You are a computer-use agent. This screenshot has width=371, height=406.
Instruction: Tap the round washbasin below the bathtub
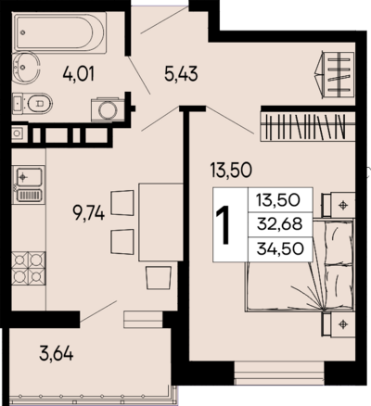coord(26,68)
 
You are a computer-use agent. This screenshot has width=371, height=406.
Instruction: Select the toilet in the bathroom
coord(32,103)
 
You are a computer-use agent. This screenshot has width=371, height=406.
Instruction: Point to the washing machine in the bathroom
coord(109,110)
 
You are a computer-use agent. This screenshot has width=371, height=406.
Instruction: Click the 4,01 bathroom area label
coord(79,74)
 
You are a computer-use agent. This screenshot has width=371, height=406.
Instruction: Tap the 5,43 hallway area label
coord(181,74)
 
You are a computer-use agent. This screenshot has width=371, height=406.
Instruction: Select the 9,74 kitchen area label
coord(88,212)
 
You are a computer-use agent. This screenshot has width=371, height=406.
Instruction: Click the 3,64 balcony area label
coord(57,353)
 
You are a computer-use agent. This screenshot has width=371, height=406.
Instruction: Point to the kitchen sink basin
coord(29,176)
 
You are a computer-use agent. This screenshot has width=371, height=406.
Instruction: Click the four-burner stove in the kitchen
coord(29,268)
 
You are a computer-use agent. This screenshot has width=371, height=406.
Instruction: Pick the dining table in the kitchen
coord(160,222)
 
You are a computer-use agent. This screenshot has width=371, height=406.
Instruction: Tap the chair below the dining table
coord(159,278)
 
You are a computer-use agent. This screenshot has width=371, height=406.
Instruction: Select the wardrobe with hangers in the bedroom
coord(308,127)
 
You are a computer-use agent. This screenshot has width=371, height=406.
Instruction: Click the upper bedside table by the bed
coord(339,205)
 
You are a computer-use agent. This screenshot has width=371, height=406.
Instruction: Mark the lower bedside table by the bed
coord(339,324)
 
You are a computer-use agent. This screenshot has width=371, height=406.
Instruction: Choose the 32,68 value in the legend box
coord(280,223)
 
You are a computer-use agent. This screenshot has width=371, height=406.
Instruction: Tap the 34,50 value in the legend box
coord(280,248)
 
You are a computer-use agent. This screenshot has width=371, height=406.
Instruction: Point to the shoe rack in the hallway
coord(335,75)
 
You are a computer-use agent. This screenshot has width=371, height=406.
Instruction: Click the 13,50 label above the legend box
coord(231,170)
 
